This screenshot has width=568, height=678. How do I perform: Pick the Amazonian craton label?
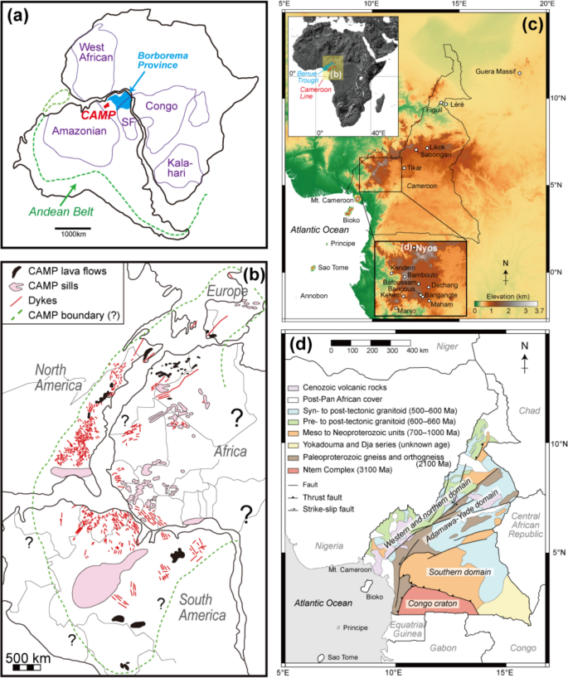pyautogui.click(x=63, y=131)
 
